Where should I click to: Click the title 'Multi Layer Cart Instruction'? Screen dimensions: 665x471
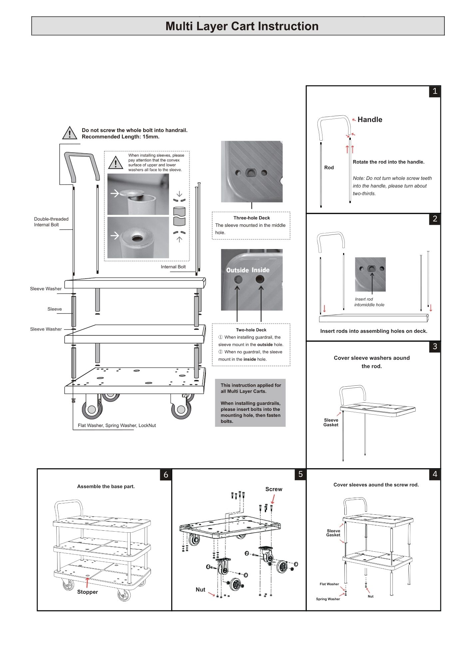pyautogui.click(x=242, y=26)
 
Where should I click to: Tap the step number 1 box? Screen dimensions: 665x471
pyautogui.click(x=435, y=91)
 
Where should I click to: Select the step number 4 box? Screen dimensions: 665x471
pyautogui.click(x=435, y=474)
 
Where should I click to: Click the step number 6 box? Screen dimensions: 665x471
pyautogui.click(x=166, y=475)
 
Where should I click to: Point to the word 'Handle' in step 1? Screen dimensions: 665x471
pyautogui.click(x=370, y=120)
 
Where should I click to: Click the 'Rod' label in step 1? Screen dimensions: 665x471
pyautogui.click(x=329, y=168)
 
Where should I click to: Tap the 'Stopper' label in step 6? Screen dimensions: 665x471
pyautogui.click(x=88, y=592)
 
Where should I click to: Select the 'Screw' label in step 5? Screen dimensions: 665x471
pyautogui.click(x=274, y=489)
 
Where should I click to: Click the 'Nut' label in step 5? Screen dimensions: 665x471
pyautogui.click(x=200, y=590)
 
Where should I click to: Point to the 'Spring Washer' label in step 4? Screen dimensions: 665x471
pyautogui.click(x=328, y=599)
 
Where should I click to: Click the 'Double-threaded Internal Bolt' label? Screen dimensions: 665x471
pyautogui.click(x=51, y=222)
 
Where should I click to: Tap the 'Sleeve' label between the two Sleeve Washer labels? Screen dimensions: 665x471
pyautogui.click(x=55, y=309)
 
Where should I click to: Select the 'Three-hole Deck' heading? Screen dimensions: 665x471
pyautogui.click(x=251, y=218)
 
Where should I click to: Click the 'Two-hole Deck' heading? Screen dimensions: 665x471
pyautogui.click(x=251, y=330)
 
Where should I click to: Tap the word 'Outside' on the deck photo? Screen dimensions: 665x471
pyautogui.click(x=237, y=270)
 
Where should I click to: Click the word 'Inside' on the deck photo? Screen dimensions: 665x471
pyautogui.click(x=260, y=270)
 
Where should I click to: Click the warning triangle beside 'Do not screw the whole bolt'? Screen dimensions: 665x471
pyautogui.click(x=70, y=133)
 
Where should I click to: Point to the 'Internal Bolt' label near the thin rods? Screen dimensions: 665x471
pyautogui.click(x=173, y=267)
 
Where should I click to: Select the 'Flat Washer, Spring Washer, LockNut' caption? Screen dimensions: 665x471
pyautogui.click(x=117, y=426)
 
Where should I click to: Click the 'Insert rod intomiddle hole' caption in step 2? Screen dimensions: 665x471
pyautogui.click(x=369, y=302)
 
